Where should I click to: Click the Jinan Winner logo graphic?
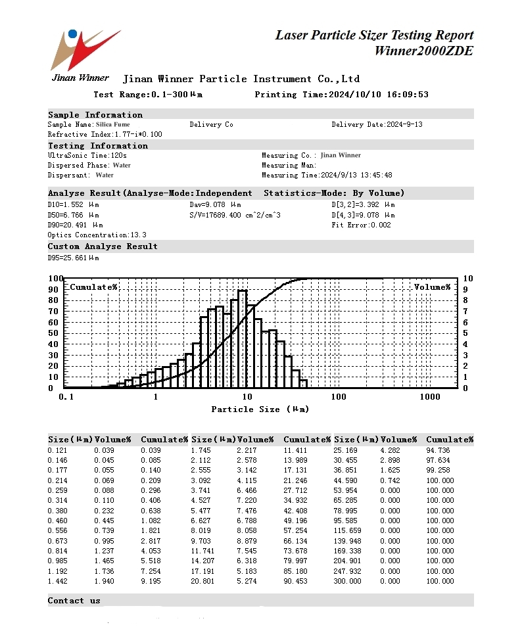(85, 49)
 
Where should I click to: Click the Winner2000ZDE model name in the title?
(423, 51)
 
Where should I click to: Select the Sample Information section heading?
(95, 115)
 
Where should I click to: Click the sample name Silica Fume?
(112, 124)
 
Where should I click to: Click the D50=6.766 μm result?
(73, 215)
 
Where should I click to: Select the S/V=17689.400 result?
(235, 215)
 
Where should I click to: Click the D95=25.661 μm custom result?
(73, 258)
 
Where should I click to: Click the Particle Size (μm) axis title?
(260, 409)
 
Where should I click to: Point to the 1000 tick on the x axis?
(430, 397)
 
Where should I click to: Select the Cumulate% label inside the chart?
(93, 287)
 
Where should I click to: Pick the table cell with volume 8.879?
(247, 541)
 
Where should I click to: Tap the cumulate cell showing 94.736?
(440, 450)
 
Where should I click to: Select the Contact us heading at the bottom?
(74, 601)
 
